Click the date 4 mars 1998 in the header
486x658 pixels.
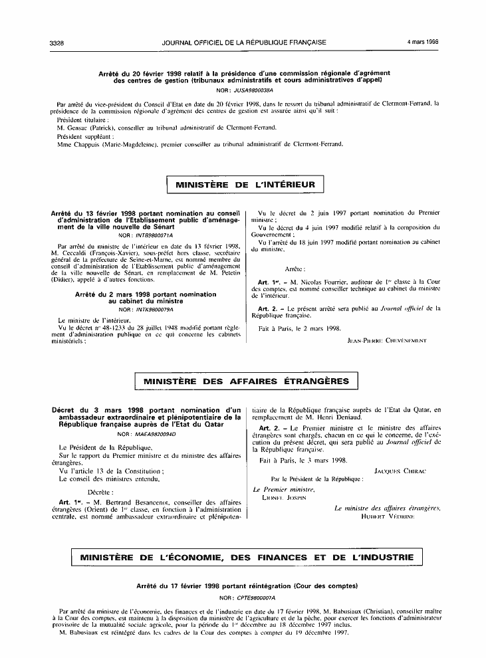423,43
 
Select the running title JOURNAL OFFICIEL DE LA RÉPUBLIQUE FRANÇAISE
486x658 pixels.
244,43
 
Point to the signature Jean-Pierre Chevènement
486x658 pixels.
386,340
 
